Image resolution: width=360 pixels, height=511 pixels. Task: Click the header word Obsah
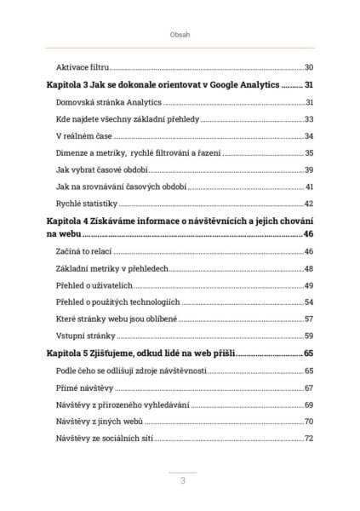tap(180, 35)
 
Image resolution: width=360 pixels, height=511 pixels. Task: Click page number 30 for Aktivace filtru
tap(309, 67)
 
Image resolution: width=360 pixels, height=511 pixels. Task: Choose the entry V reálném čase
tap(84, 136)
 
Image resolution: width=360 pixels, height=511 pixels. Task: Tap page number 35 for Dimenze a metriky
tap(309, 152)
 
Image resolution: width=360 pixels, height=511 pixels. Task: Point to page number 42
tap(309, 203)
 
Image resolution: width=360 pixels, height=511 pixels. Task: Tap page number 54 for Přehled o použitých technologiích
tap(309, 301)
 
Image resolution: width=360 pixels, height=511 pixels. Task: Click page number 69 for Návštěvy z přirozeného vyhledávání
tap(309, 404)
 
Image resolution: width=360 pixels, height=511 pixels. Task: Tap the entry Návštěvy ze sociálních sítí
tap(102, 438)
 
